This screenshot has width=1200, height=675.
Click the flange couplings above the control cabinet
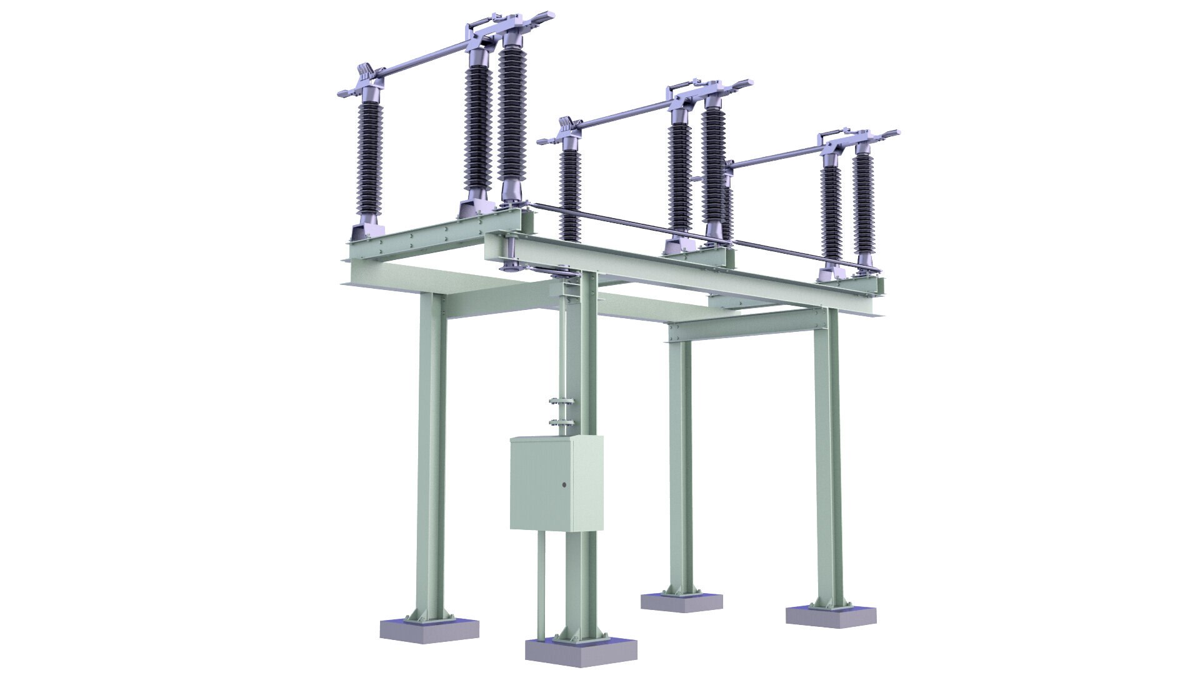[561, 412]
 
